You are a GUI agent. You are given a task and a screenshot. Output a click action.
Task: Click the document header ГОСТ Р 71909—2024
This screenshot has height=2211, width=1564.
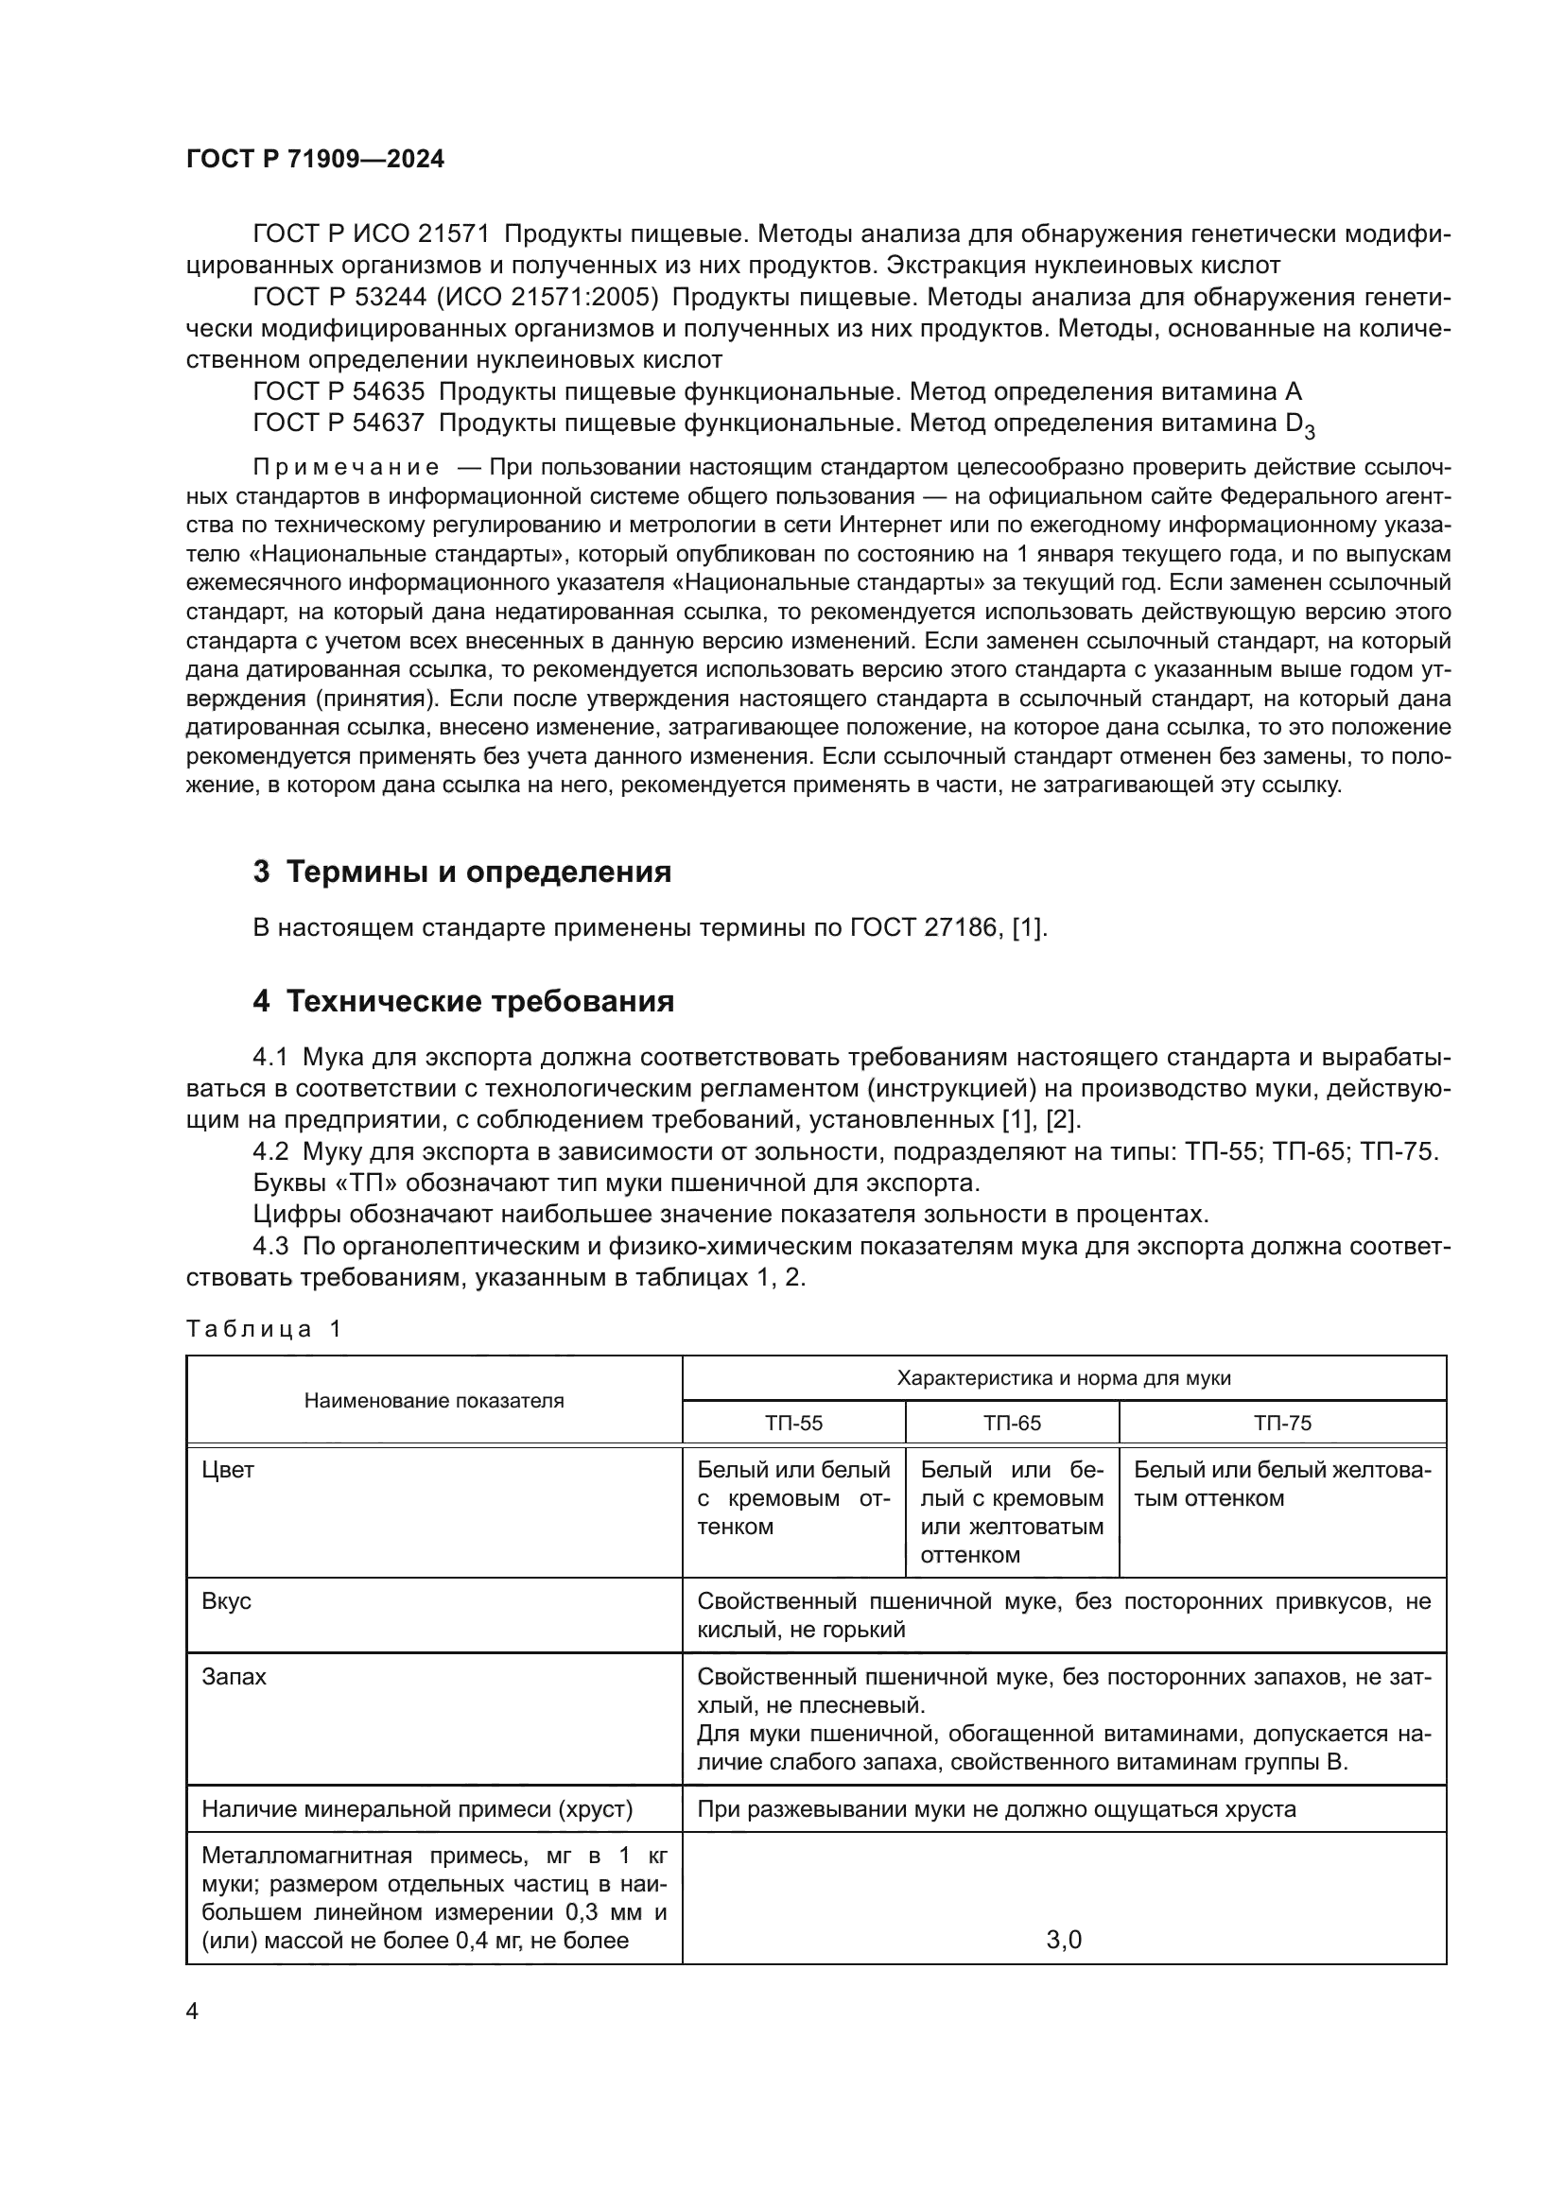click(x=315, y=160)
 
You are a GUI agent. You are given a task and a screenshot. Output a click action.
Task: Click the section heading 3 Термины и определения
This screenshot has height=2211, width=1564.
click(x=461, y=872)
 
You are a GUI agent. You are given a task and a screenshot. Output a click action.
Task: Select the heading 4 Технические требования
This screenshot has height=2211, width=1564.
click(x=463, y=1001)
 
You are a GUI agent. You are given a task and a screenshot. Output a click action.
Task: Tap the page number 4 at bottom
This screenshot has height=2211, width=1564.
click(x=192, y=2012)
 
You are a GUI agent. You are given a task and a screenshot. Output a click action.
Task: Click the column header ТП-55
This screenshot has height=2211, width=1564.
click(x=793, y=1424)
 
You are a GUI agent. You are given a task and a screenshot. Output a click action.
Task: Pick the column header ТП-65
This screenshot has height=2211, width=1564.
click(x=1011, y=1424)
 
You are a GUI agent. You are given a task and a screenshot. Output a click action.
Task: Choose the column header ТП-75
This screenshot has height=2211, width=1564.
click(x=1282, y=1424)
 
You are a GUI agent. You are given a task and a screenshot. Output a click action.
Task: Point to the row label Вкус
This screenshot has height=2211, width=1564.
click(x=226, y=1601)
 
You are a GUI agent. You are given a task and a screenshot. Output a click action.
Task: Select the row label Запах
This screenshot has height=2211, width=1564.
click(x=234, y=1677)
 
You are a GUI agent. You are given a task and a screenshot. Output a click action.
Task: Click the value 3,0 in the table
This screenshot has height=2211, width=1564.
click(x=1063, y=1940)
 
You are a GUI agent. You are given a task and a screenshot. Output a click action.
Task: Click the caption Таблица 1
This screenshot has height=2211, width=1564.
click(x=263, y=1330)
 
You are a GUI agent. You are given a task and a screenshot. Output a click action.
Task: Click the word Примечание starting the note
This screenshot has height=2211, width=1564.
click(x=346, y=468)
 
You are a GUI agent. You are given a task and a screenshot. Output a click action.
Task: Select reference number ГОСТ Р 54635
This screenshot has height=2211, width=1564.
click(x=337, y=392)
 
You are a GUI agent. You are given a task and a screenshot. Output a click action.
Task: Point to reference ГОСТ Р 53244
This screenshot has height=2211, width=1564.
click(x=337, y=298)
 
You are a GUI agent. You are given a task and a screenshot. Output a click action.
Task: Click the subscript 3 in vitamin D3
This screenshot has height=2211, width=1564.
click(x=1309, y=431)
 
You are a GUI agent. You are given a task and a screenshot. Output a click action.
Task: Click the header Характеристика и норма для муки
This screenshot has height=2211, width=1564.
click(x=1063, y=1378)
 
